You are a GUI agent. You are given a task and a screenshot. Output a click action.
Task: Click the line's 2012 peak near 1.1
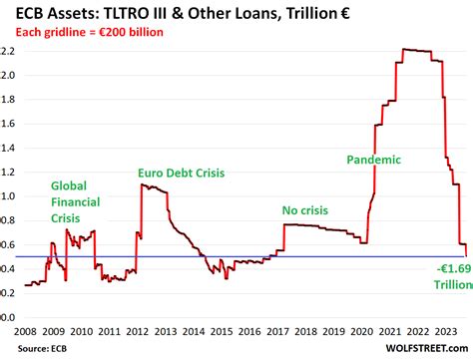(146, 185)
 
